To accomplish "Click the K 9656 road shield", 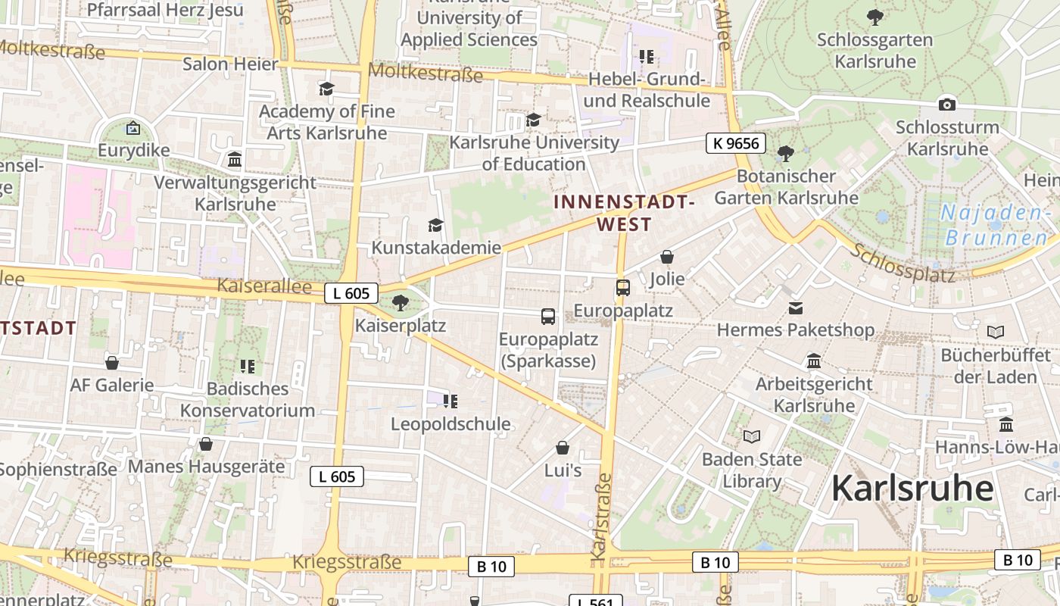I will coord(736,142).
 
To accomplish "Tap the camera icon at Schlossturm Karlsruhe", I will coord(946,105).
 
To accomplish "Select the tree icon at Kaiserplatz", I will coord(401,304).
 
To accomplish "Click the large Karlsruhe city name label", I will coord(912,489).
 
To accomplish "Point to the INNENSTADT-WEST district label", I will coord(624,213).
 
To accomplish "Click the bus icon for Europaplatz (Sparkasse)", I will coord(548,317).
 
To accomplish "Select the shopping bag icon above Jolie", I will coord(667,257).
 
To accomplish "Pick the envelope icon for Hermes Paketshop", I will coord(796,308).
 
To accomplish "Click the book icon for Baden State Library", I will coord(751,437).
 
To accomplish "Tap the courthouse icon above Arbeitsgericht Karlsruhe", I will coord(814,361).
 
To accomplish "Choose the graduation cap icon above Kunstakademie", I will coord(435,225).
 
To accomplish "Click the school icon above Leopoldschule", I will coord(450,401).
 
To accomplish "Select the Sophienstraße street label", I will coord(58,469).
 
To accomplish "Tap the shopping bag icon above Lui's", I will coord(563,448).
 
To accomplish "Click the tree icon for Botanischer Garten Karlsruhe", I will coord(786,154).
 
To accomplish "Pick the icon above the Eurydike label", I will coord(133,128).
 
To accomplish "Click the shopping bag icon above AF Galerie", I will coord(112,363).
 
